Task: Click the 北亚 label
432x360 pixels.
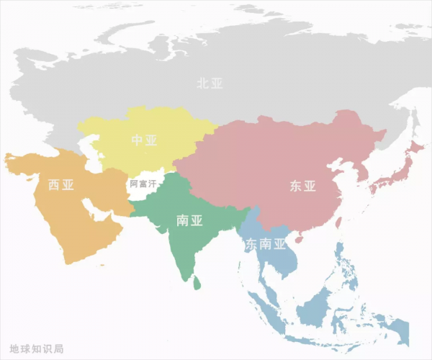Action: pyautogui.click(x=210, y=83)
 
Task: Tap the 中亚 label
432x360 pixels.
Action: pyautogui.click(x=144, y=140)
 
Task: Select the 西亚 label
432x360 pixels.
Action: pyautogui.click(x=61, y=185)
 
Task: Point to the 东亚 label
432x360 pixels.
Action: pyautogui.click(x=303, y=186)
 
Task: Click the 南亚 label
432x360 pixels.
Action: pyautogui.click(x=189, y=220)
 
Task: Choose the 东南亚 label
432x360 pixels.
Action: pyautogui.click(x=266, y=244)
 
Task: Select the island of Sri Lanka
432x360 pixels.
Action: pyautogui.click(x=197, y=283)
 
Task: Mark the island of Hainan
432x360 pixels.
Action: pyautogui.click(x=298, y=238)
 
